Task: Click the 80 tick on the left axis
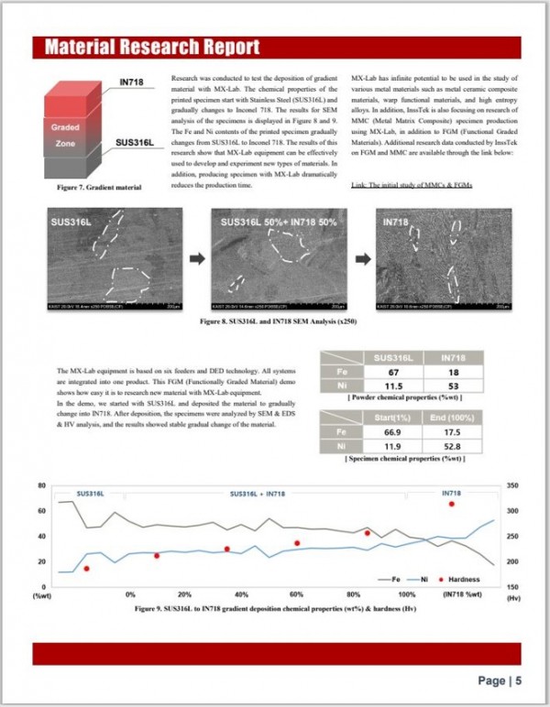(x=42, y=484)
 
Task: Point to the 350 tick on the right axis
(x=511, y=484)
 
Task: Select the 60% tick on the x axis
(x=298, y=594)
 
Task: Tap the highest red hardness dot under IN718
(x=451, y=505)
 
